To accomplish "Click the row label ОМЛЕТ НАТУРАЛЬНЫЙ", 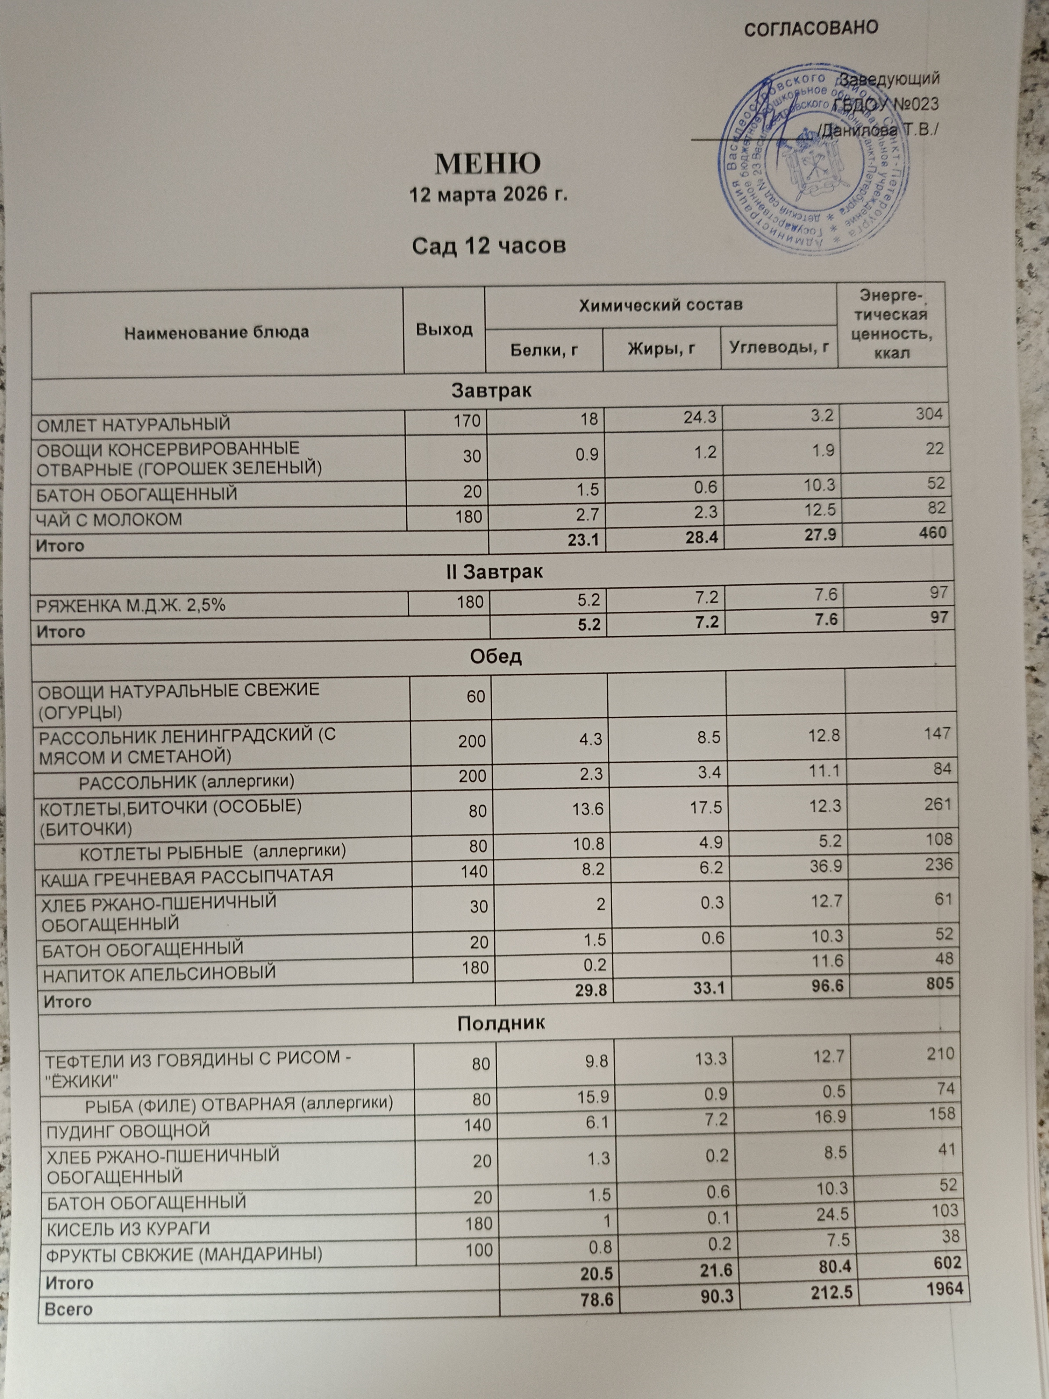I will (x=134, y=424).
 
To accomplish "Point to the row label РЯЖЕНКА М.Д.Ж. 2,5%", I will (x=131, y=605).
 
